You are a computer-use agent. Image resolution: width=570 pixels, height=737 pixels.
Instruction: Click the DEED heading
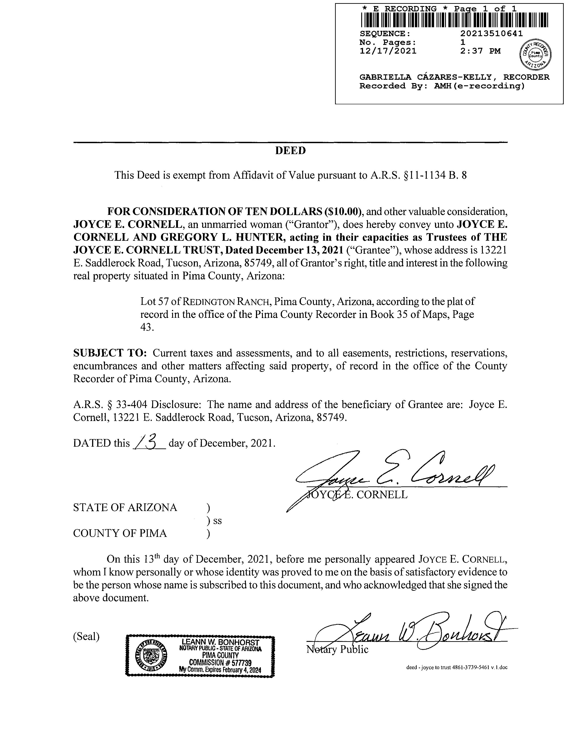[290, 151]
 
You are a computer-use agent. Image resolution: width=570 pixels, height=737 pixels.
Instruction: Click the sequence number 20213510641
[491, 33]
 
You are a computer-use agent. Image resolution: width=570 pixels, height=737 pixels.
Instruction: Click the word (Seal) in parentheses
[86, 636]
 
